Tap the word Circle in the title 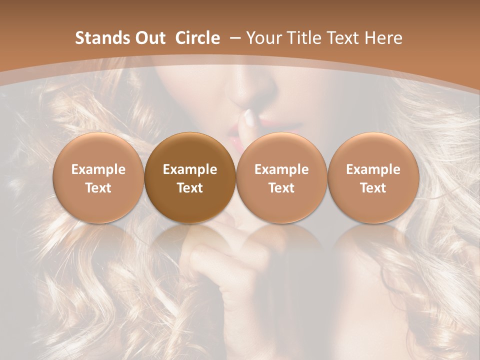tap(197, 38)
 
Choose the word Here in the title tap(384, 38)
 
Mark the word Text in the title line tap(344, 38)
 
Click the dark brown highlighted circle tap(190, 177)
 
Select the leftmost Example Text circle tap(98, 177)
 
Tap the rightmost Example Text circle tap(373, 177)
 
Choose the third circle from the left tap(281, 177)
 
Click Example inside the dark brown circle tap(190, 169)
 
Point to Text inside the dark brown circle tap(190, 187)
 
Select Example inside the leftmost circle tap(98, 169)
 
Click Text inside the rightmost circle tap(373, 187)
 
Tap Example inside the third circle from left tap(281, 169)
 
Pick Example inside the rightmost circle tap(373, 169)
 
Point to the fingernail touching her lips tap(248, 117)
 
